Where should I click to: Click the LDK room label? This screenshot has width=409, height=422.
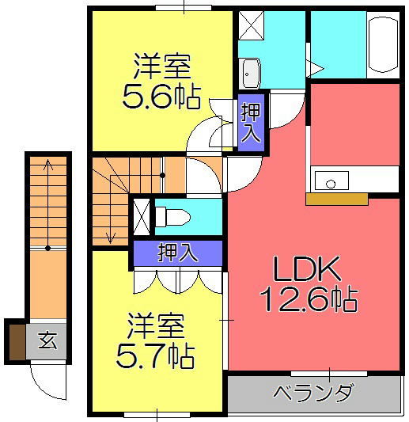coord(308,270)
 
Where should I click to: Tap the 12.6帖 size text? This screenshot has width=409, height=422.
coord(308,299)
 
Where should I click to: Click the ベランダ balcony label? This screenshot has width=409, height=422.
coord(313,393)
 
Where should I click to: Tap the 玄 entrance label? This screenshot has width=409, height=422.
coord(47,341)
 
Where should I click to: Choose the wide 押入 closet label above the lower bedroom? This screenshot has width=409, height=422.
coord(177,253)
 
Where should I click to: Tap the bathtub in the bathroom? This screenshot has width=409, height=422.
coord(383,46)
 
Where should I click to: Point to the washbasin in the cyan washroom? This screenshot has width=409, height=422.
coord(250,74)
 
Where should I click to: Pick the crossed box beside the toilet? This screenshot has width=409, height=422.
coord(142,216)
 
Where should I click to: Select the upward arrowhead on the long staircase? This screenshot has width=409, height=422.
coord(48,164)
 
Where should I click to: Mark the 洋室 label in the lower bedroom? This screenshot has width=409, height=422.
coord(157,325)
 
